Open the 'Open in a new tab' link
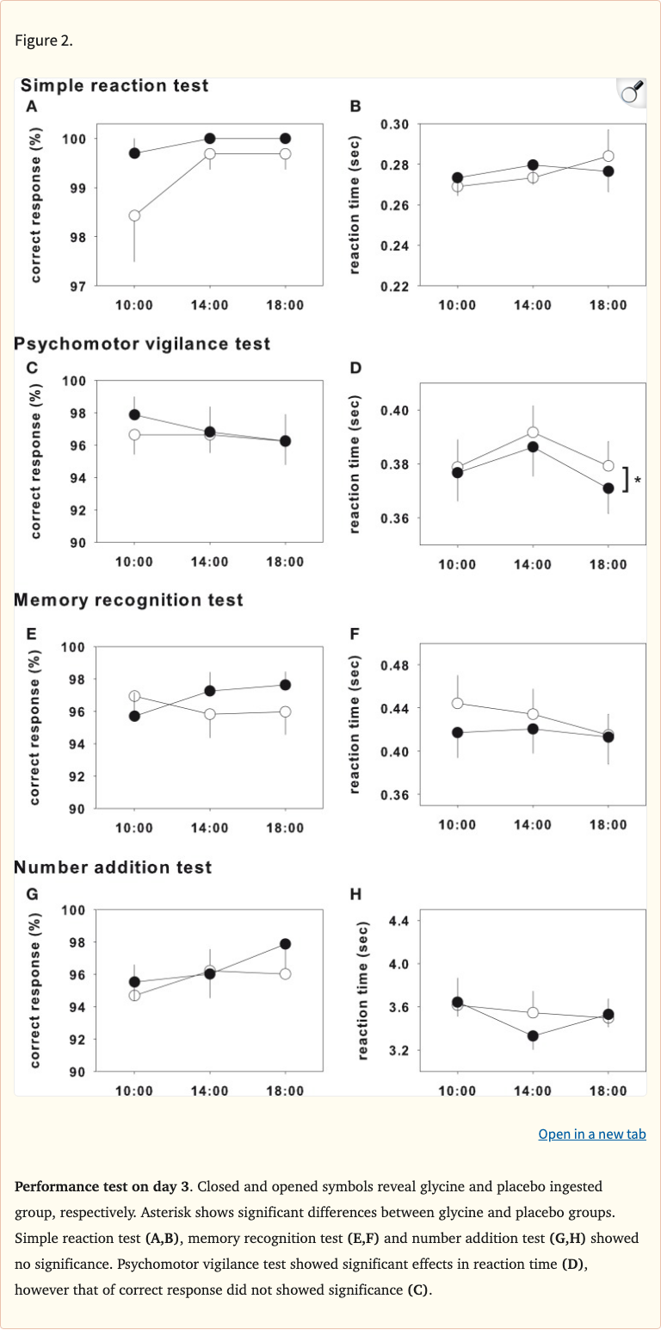(591, 1134)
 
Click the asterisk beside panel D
(637, 481)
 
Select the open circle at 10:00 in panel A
(134, 215)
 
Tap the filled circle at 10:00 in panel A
(134, 153)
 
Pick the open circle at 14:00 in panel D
(533, 432)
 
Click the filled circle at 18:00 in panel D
(608, 488)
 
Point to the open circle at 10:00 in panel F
(457, 703)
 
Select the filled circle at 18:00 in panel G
(285, 943)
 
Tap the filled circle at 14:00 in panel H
(533, 1035)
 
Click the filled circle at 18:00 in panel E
(285, 685)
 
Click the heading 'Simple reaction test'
(114, 86)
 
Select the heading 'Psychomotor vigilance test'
(142, 344)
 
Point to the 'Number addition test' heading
(113, 867)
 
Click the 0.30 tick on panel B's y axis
(394, 125)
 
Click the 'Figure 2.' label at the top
(40, 41)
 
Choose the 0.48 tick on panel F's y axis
(394, 665)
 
